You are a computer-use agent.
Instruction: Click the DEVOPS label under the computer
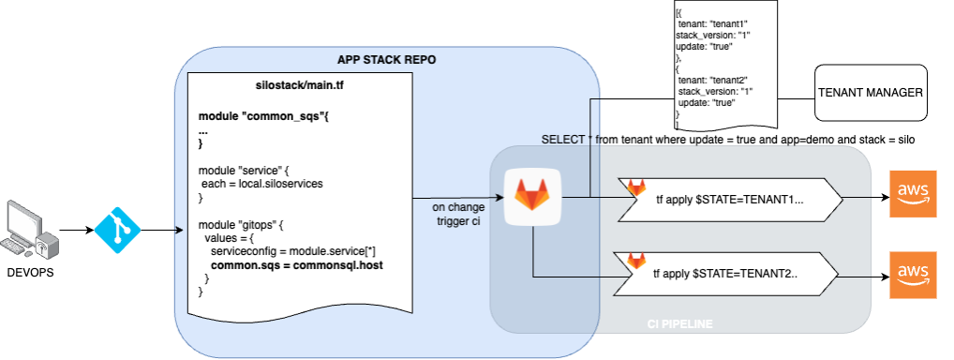coord(30,273)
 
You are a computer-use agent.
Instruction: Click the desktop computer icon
coord(29,231)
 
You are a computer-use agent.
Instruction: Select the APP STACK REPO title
coord(386,59)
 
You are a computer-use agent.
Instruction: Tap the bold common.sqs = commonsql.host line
coord(291,266)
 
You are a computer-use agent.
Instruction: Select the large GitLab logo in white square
coord(531,197)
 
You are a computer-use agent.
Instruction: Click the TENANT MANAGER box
coord(871,93)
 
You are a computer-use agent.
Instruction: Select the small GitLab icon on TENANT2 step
coord(636,262)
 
